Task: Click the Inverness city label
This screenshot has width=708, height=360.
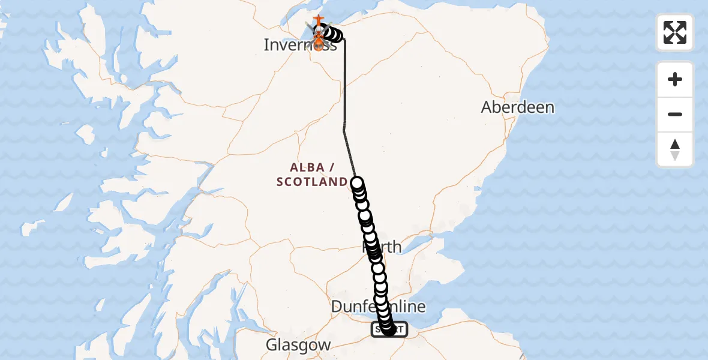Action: pyautogui.click(x=300, y=44)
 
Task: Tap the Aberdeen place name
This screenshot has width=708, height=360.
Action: pyautogui.click(x=517, y=107)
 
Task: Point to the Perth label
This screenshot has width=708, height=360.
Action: pyautogui.click(x=383, y=247)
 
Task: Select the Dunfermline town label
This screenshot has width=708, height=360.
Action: pyautogui.click(x=378, y=307)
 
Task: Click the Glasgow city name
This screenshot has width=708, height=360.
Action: pyautogui.click(x=298, y=345)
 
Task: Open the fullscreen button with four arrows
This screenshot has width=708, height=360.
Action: pyautogui.click(x=674, y=32)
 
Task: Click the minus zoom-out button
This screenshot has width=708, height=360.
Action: pyautogui.click(x=674, y=115)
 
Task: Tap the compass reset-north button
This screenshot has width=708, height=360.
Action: pyautogui.click(x=674, y=149)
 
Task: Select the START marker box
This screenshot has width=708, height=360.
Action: pyautogui.click(x=389, y=329)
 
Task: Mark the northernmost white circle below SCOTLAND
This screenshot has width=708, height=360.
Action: pyautogui.click(x=358, y=183)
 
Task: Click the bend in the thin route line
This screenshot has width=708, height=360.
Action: pyautogui.click(x=344, y=128)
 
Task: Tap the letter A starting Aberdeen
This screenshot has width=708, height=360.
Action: pyautogui.click(x=487, y=107)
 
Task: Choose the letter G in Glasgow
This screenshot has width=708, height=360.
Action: pyautogui.click(x=271, y=345)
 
